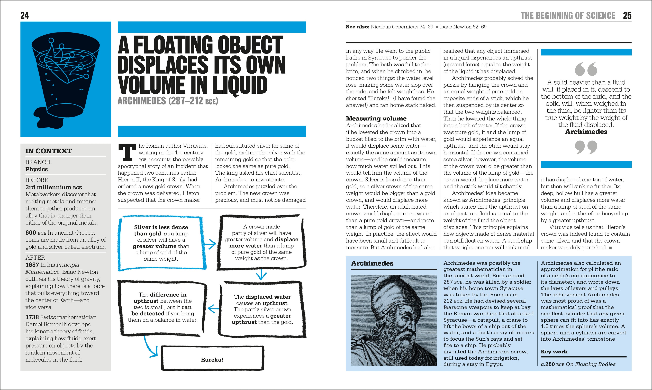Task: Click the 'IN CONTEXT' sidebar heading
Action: [48, 151]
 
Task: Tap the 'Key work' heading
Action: [554, 352]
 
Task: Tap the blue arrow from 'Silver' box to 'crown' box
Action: [210, 244]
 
